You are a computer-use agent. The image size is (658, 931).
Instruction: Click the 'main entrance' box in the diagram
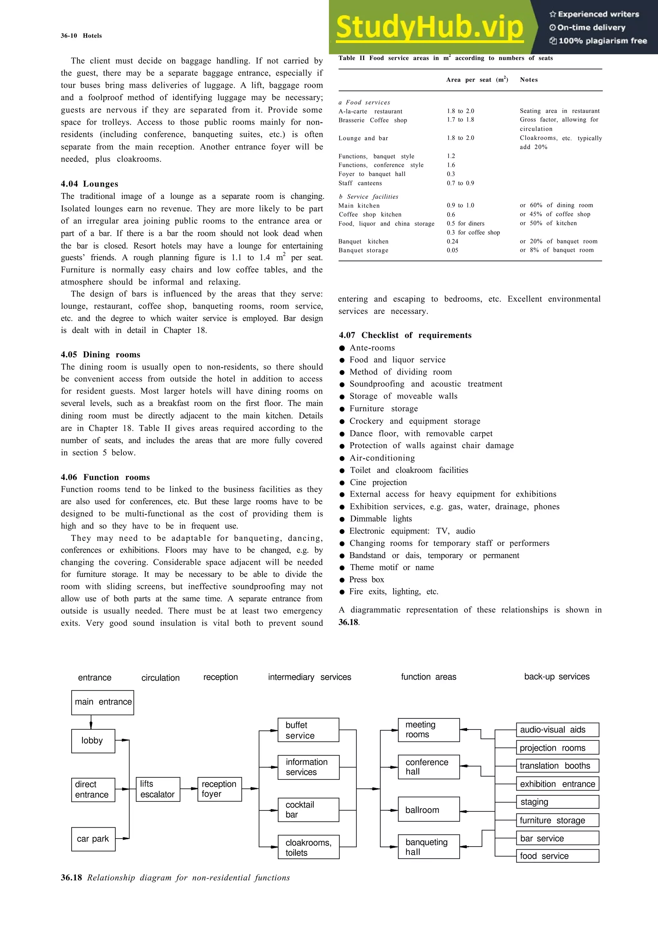[102, 702]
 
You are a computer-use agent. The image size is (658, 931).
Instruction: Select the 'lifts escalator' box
[158, 789]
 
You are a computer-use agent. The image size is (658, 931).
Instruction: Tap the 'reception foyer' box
[219, 789]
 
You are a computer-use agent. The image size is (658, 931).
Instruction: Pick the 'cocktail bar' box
[308, 810]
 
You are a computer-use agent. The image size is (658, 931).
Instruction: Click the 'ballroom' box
[429, 810]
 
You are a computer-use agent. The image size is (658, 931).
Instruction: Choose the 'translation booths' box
[557, 766]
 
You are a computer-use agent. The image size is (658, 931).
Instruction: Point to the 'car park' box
[93, 839]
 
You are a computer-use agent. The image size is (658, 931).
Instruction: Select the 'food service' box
[557, 856]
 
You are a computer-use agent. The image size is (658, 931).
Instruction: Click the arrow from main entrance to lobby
[91, 722]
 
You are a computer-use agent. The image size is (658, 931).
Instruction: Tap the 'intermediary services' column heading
[309, 677]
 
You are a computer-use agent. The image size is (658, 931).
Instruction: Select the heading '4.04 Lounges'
[90, 184]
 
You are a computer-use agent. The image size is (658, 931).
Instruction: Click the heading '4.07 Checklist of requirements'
[405, 335]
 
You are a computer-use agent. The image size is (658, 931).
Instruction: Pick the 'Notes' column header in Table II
[529, 80]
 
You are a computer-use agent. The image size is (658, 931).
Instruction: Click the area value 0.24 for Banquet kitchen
[452, 241]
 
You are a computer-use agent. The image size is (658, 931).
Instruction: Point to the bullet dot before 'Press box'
[342, 580]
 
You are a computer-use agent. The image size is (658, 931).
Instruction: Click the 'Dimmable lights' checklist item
[381, 519]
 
